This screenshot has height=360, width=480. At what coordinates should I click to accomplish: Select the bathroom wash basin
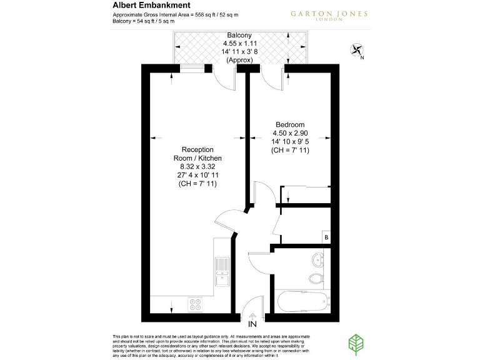(317, 257)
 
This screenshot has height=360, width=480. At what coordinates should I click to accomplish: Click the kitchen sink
(221, 268)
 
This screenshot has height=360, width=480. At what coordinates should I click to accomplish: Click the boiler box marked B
(326, 237)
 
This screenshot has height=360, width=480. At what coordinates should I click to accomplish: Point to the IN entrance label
(252, 324)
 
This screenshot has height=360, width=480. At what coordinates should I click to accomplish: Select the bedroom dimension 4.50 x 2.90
(290, 133)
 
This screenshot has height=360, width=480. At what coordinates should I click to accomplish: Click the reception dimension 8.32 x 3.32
(197, 167)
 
